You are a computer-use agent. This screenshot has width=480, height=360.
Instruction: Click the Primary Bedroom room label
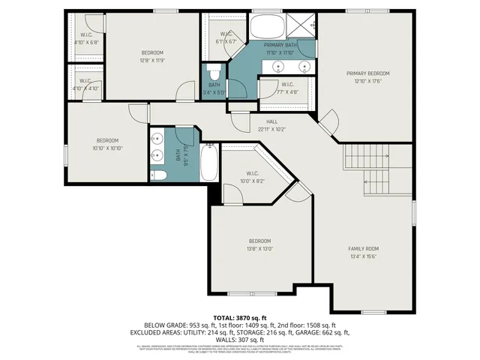pos(367,73)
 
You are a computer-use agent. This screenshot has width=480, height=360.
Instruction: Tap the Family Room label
pos(363,248)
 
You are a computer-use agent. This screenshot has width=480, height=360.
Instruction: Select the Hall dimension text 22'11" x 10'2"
pos(272,128)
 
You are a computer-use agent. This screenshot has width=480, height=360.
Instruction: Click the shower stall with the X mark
pos(303,27)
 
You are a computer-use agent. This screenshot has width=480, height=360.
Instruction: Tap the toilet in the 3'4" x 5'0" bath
pos(214,74)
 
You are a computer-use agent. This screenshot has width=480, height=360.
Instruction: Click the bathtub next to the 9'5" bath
pos(209,163)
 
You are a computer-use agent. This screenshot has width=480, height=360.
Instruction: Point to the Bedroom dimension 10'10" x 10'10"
pos(106,148)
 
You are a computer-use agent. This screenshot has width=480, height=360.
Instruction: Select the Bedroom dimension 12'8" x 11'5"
pos(152,60)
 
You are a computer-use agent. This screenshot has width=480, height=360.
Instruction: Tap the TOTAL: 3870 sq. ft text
pos(239,318)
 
